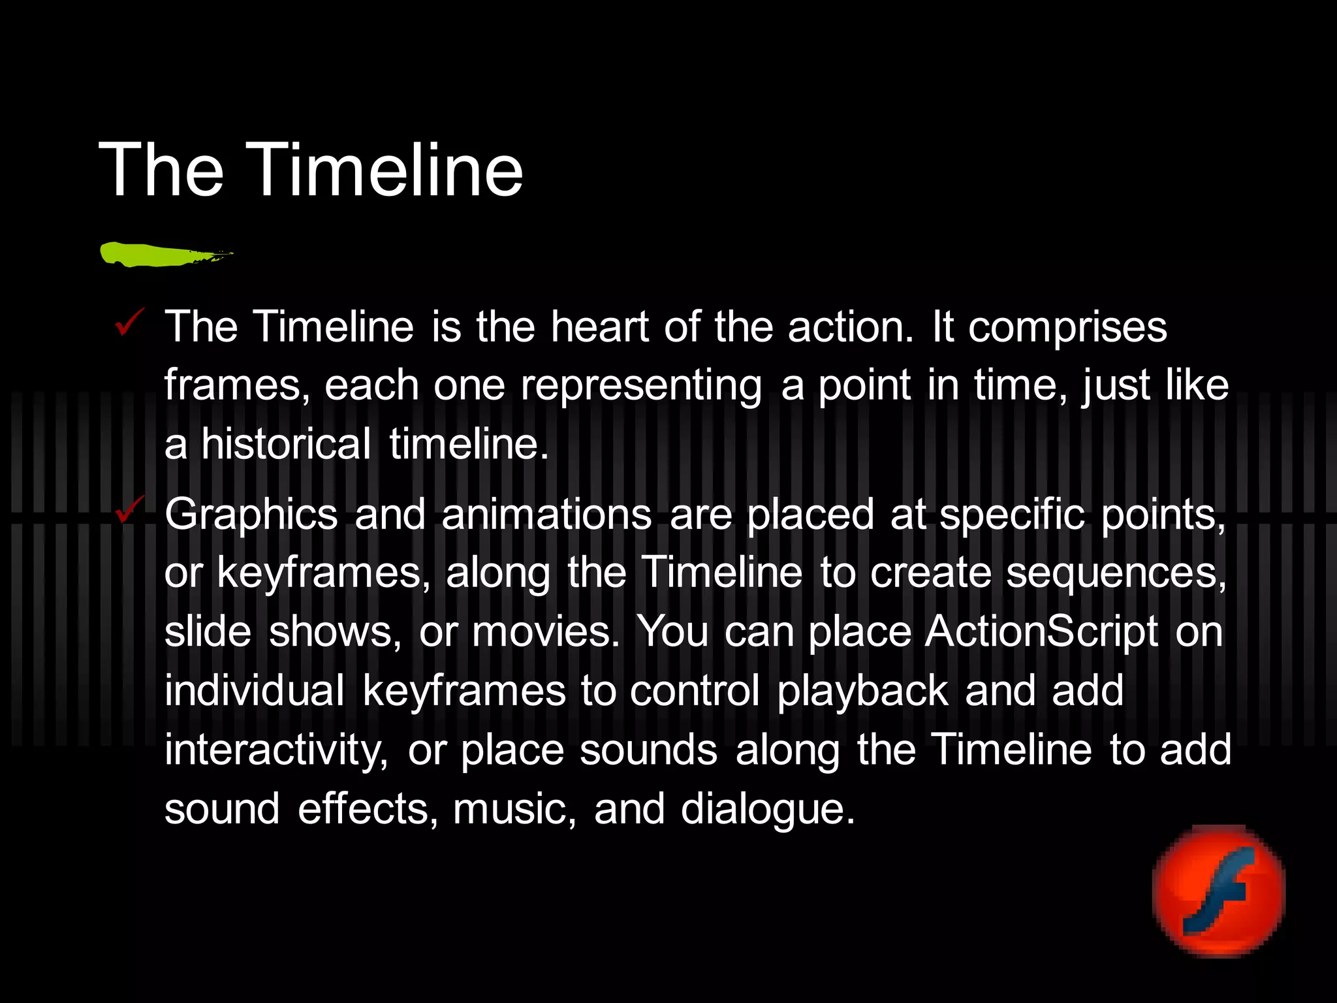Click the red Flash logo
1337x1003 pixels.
1219,891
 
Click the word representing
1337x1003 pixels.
640,387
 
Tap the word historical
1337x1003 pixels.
286,444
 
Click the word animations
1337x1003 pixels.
546,515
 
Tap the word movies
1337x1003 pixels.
545,632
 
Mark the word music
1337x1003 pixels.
514,809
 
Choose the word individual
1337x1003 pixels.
255,691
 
